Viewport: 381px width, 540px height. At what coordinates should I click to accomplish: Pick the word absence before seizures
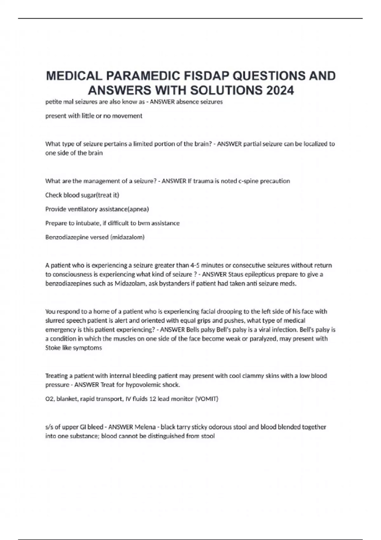(186, 102)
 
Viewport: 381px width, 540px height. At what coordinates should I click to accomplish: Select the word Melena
(144, 427)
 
